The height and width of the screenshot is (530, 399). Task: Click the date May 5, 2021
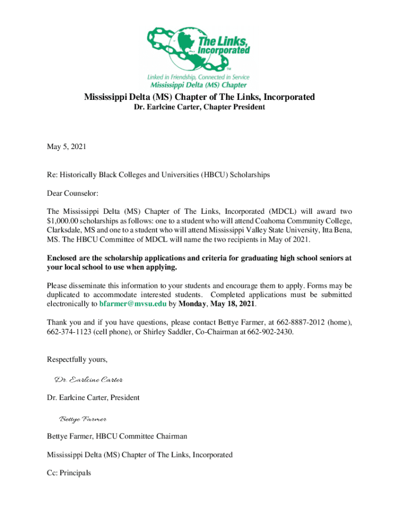pos(66,147)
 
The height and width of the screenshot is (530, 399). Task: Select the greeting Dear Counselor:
pos(73,193)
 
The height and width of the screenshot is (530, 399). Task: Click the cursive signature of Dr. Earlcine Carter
pos(89,380)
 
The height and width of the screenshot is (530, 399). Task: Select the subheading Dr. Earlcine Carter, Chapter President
pos(199,107)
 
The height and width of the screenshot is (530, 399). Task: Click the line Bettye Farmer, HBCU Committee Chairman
pos(117,437)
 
